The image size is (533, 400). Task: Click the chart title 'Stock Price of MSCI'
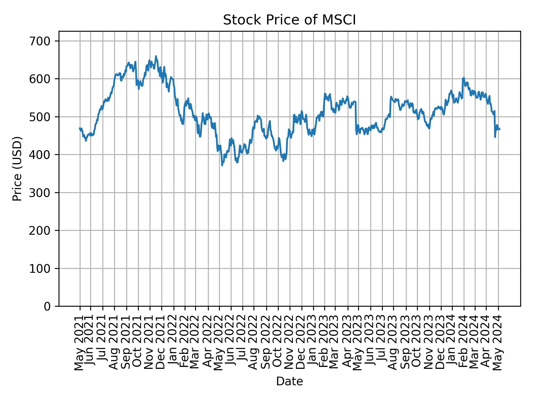(x=289, y=20)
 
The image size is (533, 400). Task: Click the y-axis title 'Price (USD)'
(x=17, y=169)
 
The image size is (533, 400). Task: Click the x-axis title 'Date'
(x=289, y=382)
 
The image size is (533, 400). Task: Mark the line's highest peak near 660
(x=156, y=56)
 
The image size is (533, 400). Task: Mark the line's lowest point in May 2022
(x=222, y=165)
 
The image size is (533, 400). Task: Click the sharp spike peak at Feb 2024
(x=464, y=78)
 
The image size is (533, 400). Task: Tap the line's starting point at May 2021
(x=80, y=128)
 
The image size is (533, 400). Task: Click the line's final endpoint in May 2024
(x=500, y=129)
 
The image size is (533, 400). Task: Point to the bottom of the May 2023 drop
(x=357, y=134)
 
